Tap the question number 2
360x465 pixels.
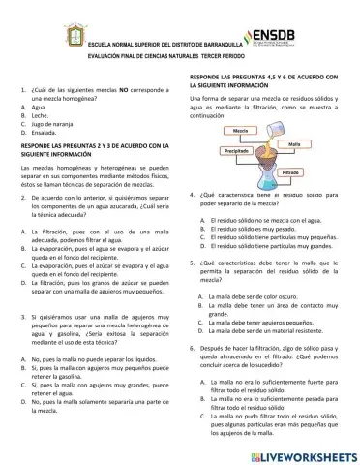(x=21, y=196)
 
